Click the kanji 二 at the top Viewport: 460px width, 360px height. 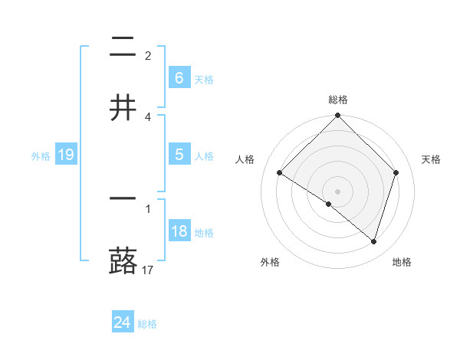(x=123, y=49)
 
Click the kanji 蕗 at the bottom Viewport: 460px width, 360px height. (x=123, y=260)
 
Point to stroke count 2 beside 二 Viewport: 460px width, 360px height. (x=148, y=56)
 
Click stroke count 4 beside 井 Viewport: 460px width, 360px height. (x=148, y=116)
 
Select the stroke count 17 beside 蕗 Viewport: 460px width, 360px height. (x=148, y=270)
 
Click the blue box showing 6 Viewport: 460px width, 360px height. (x=179, y=78)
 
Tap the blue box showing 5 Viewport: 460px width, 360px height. (x=179, y=155)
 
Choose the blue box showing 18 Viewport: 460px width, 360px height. (x=179, y=231)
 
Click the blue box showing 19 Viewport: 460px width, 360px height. (x=66, y=155)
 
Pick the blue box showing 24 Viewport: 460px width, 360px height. (x=123, y=322)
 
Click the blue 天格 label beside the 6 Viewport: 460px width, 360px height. (x=204, y=80)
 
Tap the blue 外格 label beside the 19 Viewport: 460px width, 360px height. (x=41, y=156)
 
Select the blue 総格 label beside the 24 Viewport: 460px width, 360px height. (x=147, y=324)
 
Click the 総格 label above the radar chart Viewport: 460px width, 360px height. (x=338, y=100)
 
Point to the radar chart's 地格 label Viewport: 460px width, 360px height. (x=402, y=262)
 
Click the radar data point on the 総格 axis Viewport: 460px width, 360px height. (x=338, y=116)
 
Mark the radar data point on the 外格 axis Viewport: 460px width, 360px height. (x=329, y=205)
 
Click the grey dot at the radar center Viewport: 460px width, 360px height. (x=338, y=191)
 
